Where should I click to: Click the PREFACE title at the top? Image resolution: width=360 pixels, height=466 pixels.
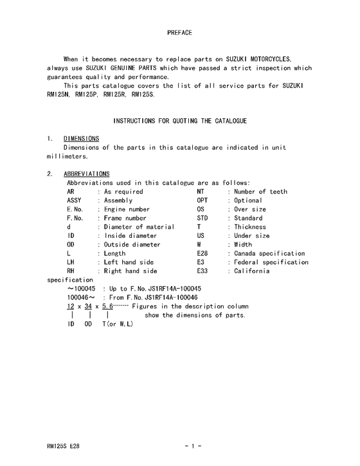[179, 32]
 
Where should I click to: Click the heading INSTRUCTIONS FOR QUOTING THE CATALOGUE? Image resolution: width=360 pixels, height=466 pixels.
[179, 121]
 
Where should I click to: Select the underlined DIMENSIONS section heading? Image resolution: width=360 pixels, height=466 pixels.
[81, 138]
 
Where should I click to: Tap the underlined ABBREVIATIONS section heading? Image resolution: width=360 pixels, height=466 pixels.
[86, 174]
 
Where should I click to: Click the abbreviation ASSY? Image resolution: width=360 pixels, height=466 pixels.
[75, 201]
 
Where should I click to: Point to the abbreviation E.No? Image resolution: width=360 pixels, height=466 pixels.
[75, 210]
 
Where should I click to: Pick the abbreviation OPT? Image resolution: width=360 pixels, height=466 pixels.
[203, 201]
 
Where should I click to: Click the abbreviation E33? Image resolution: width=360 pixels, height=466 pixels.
[203, 271]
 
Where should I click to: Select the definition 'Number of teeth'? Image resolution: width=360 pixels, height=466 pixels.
[260, 192]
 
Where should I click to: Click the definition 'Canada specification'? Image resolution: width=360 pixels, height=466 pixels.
[269, 254]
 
